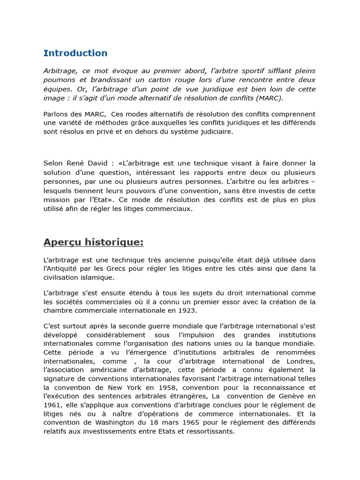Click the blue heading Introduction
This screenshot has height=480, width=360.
tap(75, 53)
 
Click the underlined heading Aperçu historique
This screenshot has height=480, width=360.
tap(93, 242)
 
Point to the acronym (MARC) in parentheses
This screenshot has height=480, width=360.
tap(270, 98)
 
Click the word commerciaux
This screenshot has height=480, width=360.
tap(171, 209)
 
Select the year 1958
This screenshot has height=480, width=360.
tap(167, 388)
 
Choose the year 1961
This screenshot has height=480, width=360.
tap(52, 405)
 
